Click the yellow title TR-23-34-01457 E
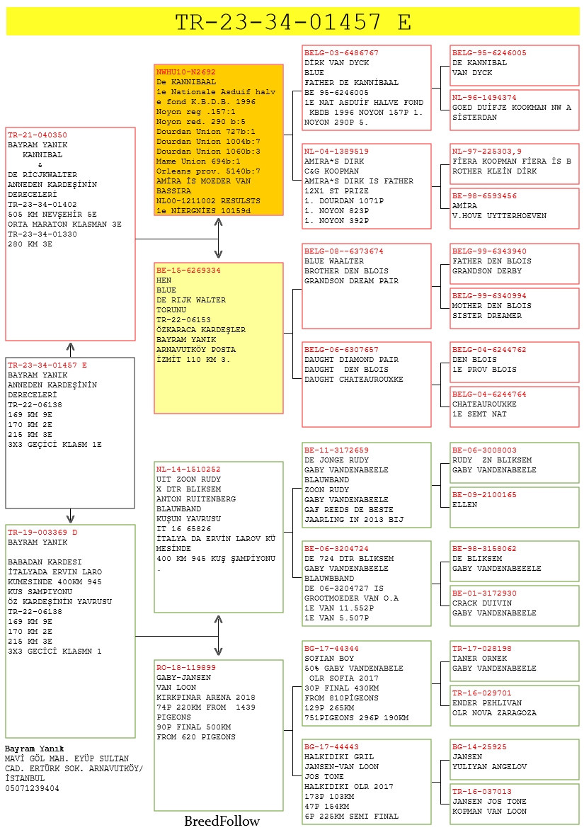pos(292,22)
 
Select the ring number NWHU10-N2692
pos(185,72)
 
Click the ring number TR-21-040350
pos(37,135)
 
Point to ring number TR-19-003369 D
pos(42,532)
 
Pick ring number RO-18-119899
pos(185,668)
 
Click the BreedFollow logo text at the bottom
pos(222,821)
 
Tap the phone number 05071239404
pos(32,788)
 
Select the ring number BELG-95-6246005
pos(489,53)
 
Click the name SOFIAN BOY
pos(329,659)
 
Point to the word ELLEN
pos(464,505)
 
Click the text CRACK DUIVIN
pos(482,603)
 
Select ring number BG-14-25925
pos(479,747)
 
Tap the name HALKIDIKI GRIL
pos(339,757)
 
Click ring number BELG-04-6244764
pos(489,394)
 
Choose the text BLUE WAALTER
pos(334,261)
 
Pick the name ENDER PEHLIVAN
pos(487,703)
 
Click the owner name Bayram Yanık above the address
pos(35,749)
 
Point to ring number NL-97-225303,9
pos(487,152)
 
